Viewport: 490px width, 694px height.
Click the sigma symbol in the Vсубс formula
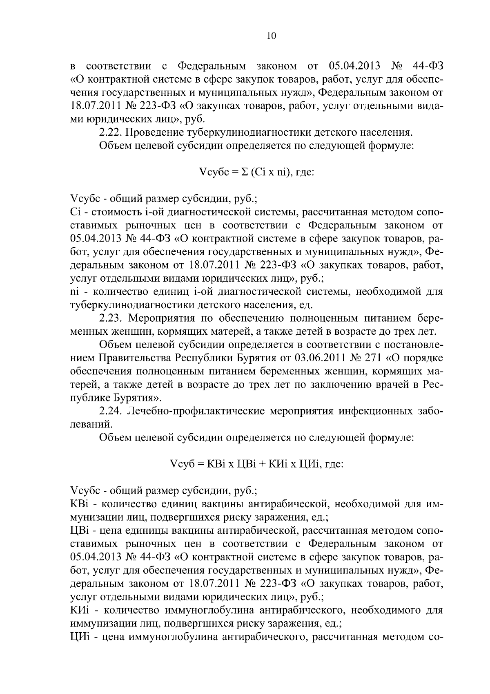[x=244, y=172]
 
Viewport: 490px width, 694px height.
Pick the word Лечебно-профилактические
[x=197, y=411]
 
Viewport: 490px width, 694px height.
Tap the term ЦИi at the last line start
[x=80, y=638]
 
